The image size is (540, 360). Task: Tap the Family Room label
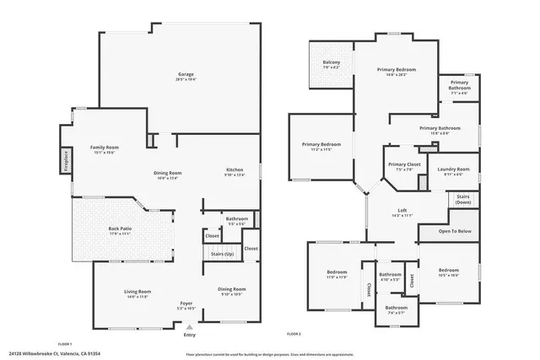click(x=105, y=148)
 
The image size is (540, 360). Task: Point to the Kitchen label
click(x=235, y=170)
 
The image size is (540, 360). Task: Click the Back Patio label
click(x=120, y=228)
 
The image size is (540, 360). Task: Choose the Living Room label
click(x=137, y=293)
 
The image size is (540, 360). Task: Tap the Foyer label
click(x=186, y=303)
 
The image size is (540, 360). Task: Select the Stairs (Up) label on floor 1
click(x=221, y=253)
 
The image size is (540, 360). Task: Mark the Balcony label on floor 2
click(x=331, y=62)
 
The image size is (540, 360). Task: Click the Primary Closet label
click(x=404, y=164)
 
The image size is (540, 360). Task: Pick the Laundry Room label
click(x=453, y=169)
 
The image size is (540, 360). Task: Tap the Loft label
click(x=402, y=211)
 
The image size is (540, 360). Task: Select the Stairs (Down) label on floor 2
click(x=463, y=199)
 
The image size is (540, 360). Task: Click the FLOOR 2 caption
click(x=294, y=335)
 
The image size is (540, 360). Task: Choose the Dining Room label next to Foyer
click(x=232, y=289)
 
